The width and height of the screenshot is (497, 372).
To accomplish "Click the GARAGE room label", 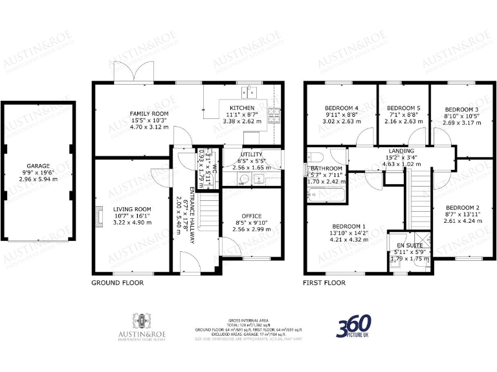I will coord(38,166).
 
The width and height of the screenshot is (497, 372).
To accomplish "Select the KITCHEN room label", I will coord(241,108).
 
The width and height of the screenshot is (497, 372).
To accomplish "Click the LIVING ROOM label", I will coord(131,209).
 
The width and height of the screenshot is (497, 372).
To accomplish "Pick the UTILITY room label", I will coord(250,154).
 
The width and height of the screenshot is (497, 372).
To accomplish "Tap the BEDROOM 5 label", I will coord(403,107).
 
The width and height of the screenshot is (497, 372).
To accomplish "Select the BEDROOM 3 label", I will coord(462,109).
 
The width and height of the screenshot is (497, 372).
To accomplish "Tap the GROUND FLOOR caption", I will coord(117,283).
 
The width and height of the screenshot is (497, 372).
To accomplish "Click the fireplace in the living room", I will coord(98,217).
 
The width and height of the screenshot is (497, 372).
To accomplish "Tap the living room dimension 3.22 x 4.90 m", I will coord(132,222).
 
